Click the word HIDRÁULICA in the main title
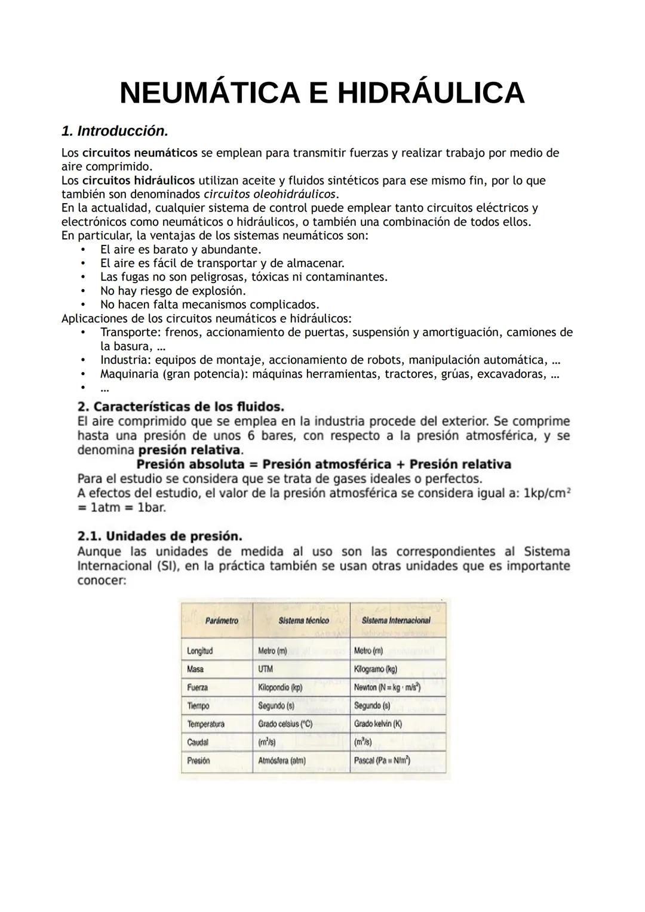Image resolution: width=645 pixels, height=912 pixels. click(431, 93)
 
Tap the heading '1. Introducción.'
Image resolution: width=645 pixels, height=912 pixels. click(115, 130)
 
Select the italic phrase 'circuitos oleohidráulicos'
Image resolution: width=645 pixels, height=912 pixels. click(270, 194)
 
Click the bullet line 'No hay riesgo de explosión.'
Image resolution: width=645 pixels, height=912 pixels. click(173, 291)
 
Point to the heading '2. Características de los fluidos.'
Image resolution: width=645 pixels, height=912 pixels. click(181, 407)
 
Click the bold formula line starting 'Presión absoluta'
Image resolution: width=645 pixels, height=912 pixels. click(324, 464)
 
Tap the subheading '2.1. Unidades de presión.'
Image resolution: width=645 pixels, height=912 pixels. click(159, 536)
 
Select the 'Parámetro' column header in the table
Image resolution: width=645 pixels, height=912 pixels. click(222, 621)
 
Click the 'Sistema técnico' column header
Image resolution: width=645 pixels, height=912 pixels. click(303, 621)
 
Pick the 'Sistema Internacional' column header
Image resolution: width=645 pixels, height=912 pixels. click(396, 621)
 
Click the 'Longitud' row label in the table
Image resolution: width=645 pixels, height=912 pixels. click(199, 650)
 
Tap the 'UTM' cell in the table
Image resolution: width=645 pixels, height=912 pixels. click(265, 669)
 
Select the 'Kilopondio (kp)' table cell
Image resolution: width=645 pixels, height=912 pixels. click(280, 687)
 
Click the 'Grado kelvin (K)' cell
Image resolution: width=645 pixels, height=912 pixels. click(377, 724)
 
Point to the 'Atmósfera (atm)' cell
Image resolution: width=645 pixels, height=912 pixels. click(281, 761)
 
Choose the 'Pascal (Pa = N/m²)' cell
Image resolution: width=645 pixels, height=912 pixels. click(382, 761)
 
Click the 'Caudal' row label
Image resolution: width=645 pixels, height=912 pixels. click(198, 742)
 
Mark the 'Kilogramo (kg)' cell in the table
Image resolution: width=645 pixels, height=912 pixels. click(376, 669)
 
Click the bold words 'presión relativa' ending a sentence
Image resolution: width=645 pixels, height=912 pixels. click(193, 450)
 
